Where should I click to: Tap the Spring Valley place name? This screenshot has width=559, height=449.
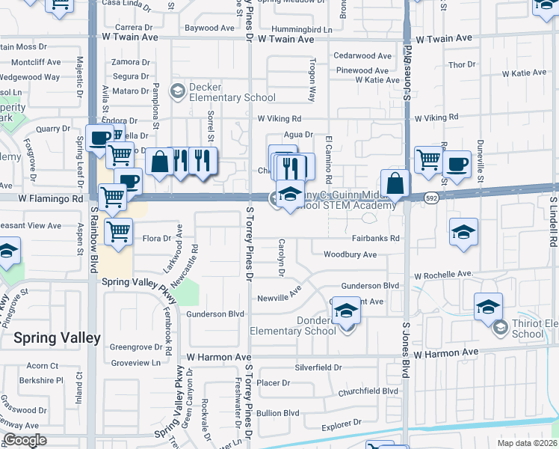(57, 337)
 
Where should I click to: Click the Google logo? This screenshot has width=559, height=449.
(25, 440)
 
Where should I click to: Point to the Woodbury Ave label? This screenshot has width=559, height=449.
(350, 254)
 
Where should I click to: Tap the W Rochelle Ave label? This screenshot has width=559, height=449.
(444, 275)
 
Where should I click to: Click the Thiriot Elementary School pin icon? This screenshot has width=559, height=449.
(500, 324)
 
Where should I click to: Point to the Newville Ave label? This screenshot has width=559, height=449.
(279, 296)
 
